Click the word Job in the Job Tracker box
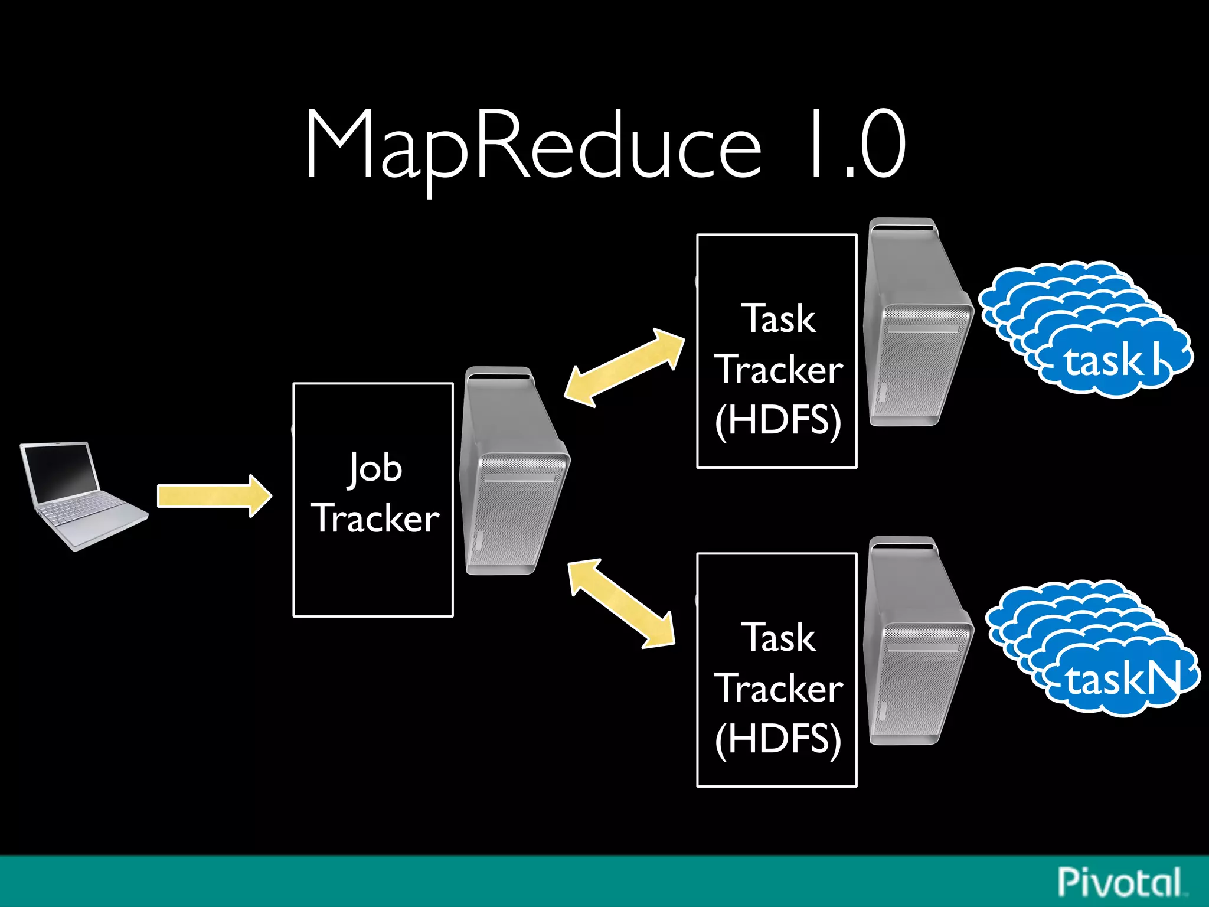(374, 468)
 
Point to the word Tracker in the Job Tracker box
(374, 518)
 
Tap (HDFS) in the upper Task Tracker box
(778, 420)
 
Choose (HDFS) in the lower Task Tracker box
(778, 739)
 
